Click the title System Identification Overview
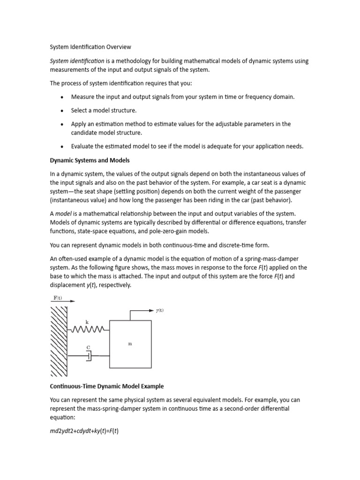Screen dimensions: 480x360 [90, 47]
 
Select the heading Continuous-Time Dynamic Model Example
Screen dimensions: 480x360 [107, 386]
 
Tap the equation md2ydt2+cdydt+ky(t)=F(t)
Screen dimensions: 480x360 [84, 431]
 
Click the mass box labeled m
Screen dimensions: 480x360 [130, 344]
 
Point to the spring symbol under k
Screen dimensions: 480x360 [90, 330]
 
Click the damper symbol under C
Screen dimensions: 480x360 [89, 357]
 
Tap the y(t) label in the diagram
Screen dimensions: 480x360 [159, 310]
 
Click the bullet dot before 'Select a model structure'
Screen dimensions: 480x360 [62, 111]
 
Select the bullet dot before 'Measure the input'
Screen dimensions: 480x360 [62, 97]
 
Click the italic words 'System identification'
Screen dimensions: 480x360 [77, 61]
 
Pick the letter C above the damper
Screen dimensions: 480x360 [88, 347]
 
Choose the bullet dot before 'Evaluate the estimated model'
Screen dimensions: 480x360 [62, 146]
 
